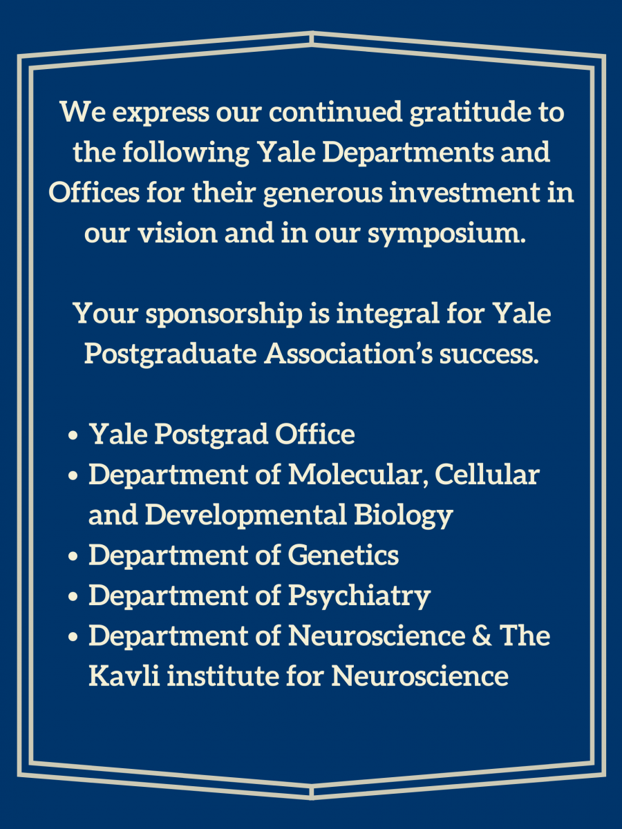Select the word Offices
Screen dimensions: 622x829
94,192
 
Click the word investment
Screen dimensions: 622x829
465,192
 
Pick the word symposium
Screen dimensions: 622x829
446,234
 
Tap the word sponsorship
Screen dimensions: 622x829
225,314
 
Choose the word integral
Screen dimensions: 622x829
388,314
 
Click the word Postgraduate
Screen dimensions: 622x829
171,355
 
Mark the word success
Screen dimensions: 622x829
489,355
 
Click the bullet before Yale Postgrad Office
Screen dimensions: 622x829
73,435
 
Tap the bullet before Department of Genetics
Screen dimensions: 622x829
73,556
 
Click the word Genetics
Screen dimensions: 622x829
343,555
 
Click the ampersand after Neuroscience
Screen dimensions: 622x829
482,636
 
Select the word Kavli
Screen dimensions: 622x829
124,676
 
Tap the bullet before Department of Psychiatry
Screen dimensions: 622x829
73,596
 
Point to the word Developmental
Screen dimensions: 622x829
246,515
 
